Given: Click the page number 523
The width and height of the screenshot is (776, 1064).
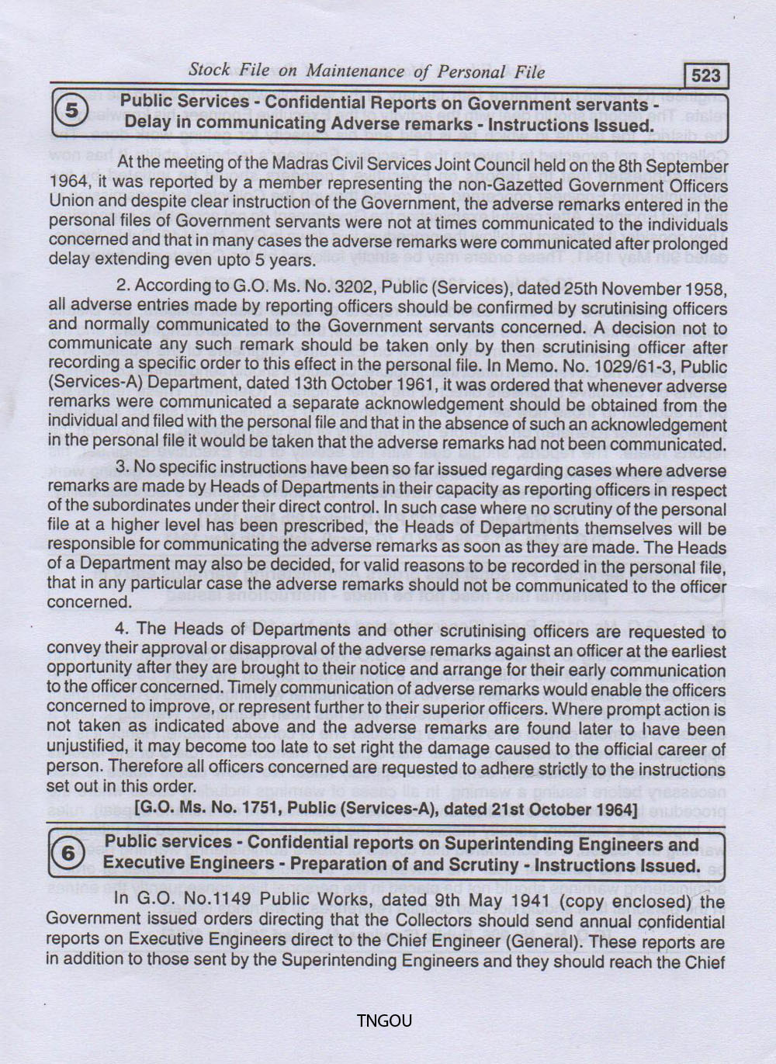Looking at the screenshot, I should [705, 75].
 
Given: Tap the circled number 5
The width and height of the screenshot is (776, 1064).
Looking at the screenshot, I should [71, 111].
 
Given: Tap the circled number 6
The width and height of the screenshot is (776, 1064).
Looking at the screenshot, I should [68, 853].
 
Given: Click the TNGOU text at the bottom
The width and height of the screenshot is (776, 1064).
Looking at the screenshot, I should [384, 1021].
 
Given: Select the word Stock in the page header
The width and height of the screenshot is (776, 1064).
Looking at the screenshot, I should [209, 70].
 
